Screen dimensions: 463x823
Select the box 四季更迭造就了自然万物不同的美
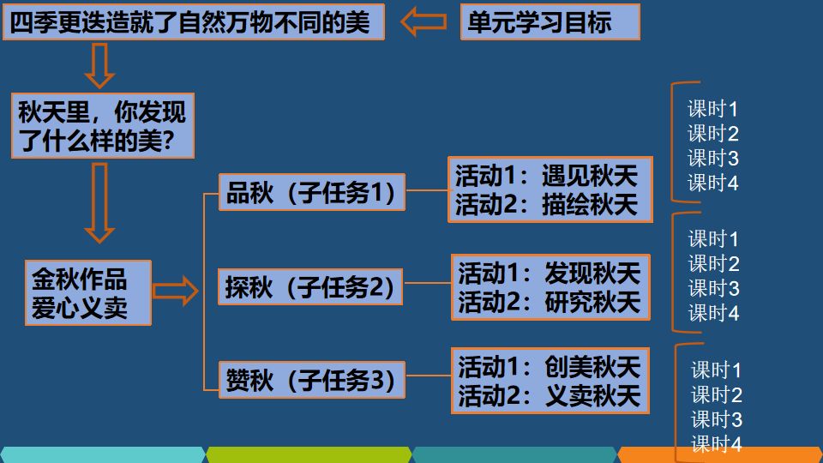tap(194, 22)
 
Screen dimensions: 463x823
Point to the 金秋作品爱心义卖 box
tap(88, 292)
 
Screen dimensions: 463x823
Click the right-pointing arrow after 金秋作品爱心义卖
tap(175, 292)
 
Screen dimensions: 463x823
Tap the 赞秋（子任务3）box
tap(312, 381)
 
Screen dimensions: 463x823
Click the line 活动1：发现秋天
tap(550, 274)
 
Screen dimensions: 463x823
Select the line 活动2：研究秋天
tap(550, 301)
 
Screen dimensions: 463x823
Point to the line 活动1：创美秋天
tap(550, 367)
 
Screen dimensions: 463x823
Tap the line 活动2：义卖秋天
tap(550, 394)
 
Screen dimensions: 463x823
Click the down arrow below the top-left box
tap(100, 64)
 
